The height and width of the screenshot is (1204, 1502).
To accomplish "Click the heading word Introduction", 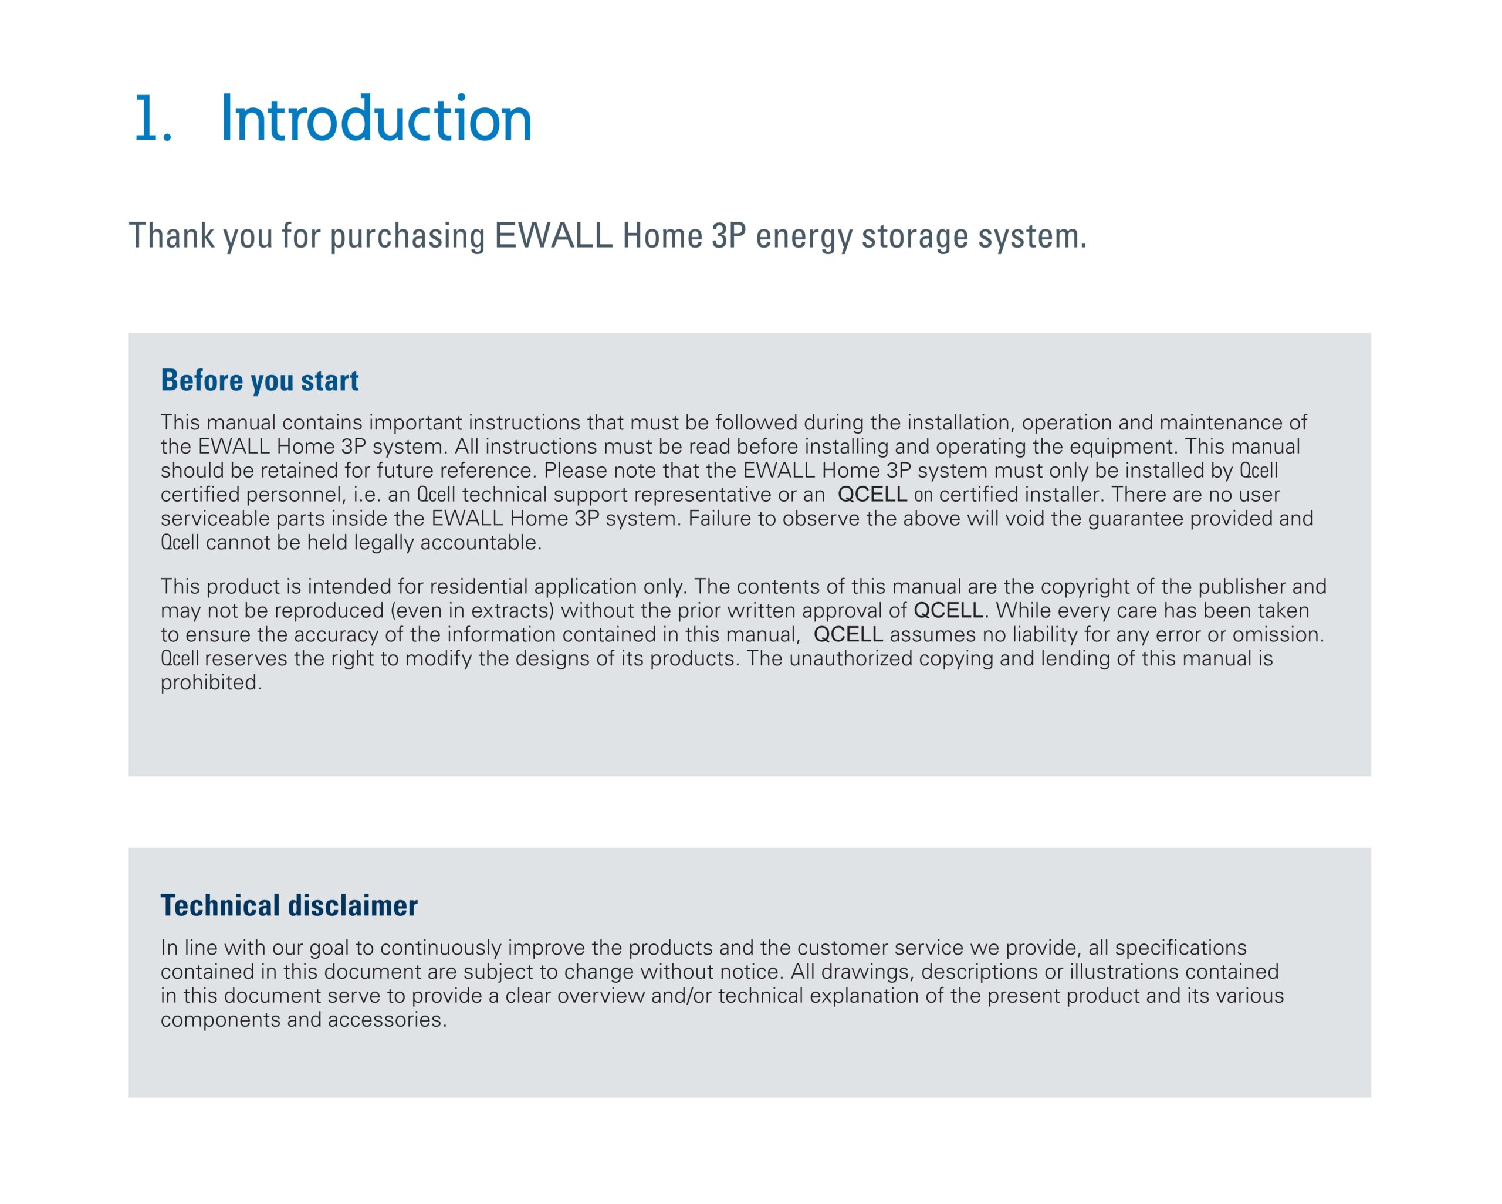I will [376, 119].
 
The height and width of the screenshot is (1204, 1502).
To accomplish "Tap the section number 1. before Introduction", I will [153, 119].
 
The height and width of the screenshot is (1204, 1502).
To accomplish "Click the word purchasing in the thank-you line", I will [407, 236].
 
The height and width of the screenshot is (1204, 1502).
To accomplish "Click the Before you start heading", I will [259, 380].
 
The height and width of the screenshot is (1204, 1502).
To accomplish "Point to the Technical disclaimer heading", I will [289, 906].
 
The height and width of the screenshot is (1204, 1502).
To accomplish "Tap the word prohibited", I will [211, 683].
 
